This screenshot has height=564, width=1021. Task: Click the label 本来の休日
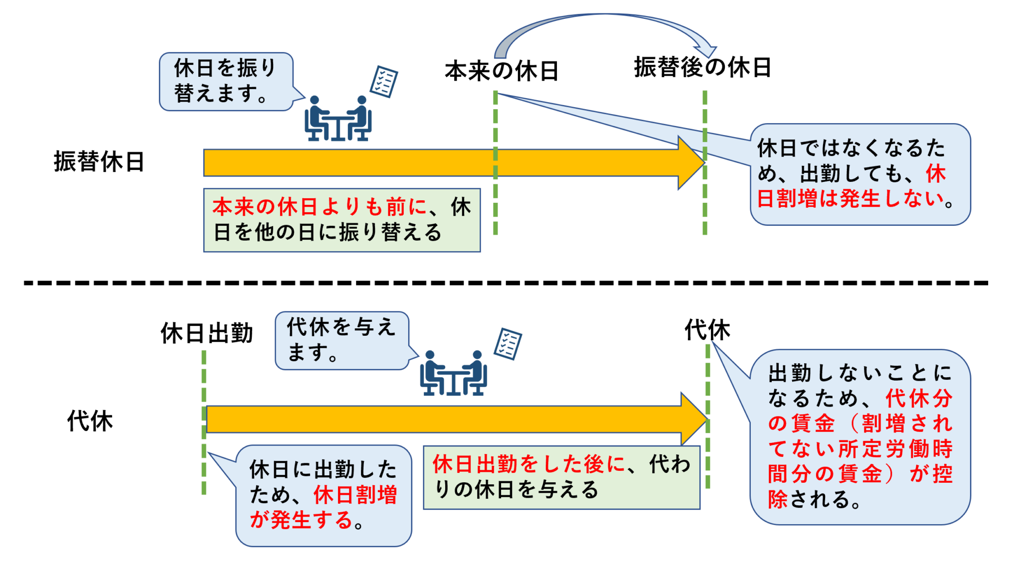click(502, 71)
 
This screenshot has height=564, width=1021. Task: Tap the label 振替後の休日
click(702, 68)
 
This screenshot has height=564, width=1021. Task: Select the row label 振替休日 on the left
click(99, 162)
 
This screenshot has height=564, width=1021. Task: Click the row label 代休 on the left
click(90, 421)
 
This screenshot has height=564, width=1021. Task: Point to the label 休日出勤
click(207, 333)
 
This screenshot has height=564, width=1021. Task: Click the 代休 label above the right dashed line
click(707, 330)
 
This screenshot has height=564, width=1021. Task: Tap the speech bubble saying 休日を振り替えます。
click(226, 81)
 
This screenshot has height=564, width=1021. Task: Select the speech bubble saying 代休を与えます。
click(341, 340)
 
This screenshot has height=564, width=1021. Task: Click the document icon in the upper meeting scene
click(384, 82)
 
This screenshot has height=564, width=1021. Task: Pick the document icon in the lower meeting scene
click(508, 344)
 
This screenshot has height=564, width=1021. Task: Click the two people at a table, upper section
click(338, 120)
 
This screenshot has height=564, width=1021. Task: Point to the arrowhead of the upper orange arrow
click(692, 163)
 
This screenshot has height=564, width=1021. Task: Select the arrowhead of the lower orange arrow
click(694, 419)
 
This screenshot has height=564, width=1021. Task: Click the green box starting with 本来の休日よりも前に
click(341, 220)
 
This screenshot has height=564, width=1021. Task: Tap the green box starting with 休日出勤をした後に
click(561, 477)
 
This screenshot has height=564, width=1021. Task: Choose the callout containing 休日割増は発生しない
click(860, 174)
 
